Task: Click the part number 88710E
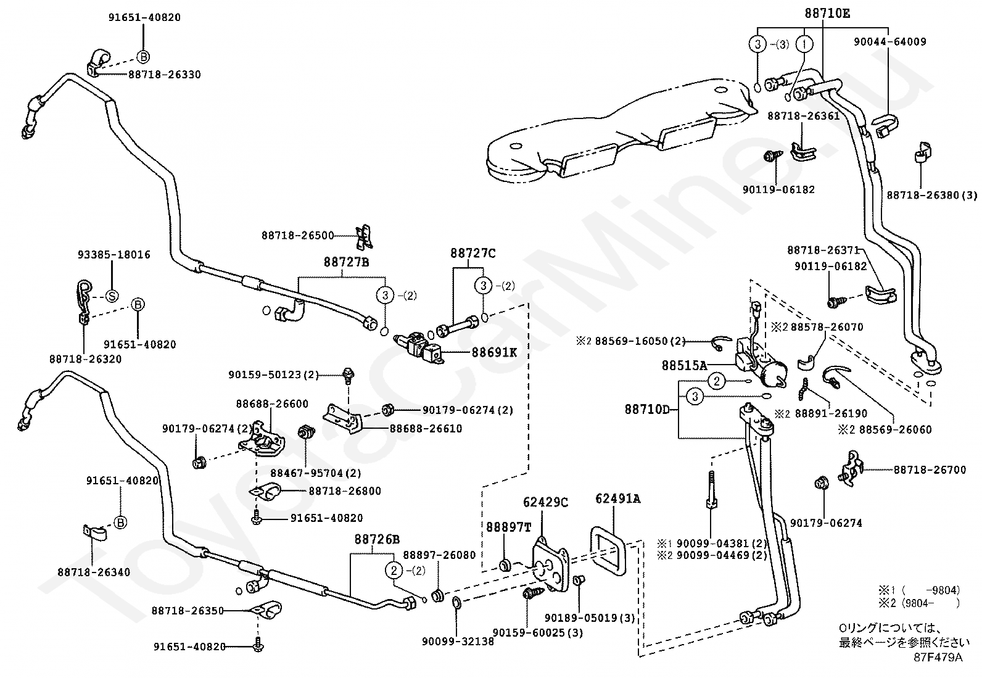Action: (827, 14)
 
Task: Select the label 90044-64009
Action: (890, 42)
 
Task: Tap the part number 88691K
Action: (494, 352)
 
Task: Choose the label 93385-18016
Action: (114, 255)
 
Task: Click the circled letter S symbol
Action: (112, 296)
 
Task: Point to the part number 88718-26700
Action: (930, 469)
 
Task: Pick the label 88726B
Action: (377, 539)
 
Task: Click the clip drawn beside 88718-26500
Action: (364, 238)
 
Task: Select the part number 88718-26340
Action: (94, 573)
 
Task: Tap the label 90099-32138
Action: (458, 641)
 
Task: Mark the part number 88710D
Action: (648, 410)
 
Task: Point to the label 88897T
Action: (508, 527)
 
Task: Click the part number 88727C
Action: (473, 253)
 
